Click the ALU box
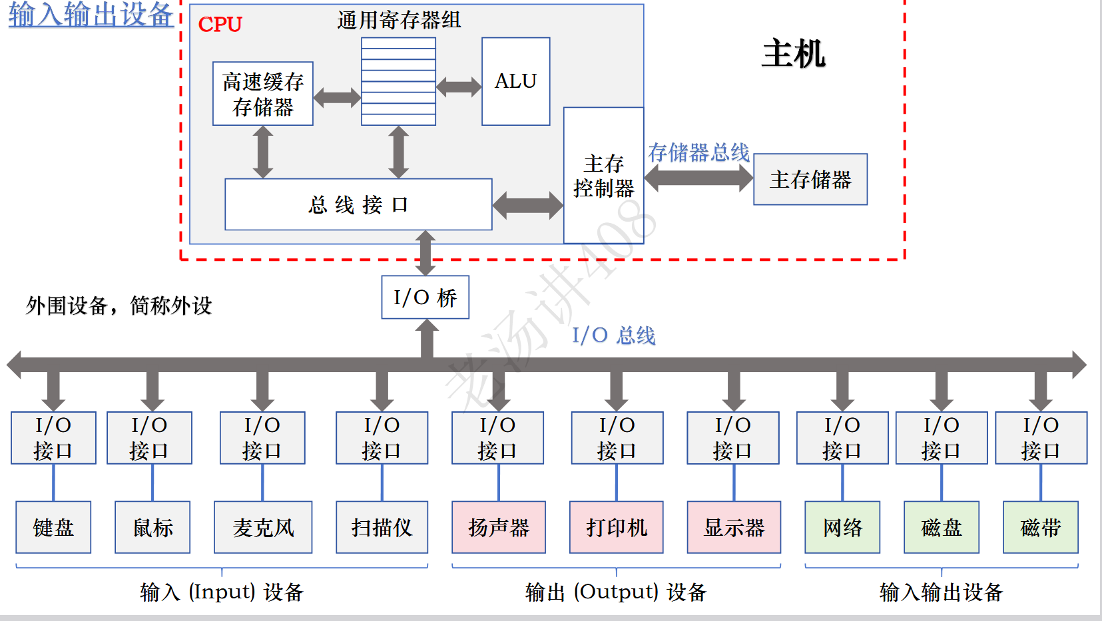click(515, 81)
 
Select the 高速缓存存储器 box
click(262, 94)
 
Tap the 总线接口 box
click(358, 204)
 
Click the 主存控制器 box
click(603, 176)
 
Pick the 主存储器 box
click(810, 180)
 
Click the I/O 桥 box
click(425, 298)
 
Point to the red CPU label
click(220, 25)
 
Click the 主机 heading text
click(793, 53)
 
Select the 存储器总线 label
click(698, 152)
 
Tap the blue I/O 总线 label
click(613, 335)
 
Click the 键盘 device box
click(53, 527)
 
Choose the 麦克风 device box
click(263, 527)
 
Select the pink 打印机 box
click(616, 527)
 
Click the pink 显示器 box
click(734, 527)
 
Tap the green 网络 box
click(842, 527)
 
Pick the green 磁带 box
click(1040, 527)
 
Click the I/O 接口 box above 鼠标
click(149, 437)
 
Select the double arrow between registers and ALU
click(459, 87)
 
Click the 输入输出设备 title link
click(91, 15)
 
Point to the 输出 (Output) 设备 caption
click(615, 592)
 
